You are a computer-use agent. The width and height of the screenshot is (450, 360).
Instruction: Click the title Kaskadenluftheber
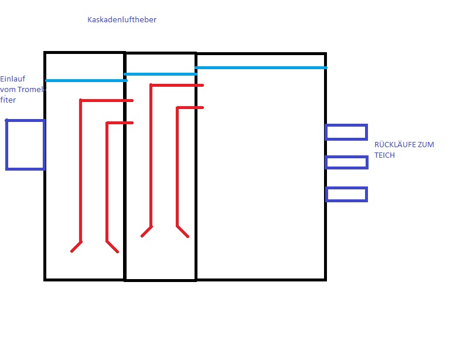[x=121, y=20]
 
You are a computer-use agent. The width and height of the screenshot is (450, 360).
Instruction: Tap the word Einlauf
[x=12, y=79]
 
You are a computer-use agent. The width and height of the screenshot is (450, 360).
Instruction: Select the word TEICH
[x=385, y=155]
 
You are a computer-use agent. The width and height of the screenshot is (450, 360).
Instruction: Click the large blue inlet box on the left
[x=25, y=145]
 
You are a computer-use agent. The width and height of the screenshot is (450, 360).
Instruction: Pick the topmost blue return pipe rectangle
[x=346, y=132]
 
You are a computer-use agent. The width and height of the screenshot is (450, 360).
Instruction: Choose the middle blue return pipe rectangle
[x=346, y=162]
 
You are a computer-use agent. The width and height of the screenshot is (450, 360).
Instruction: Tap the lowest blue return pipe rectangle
[x=346, y=194]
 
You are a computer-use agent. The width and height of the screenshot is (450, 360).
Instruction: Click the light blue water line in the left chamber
[x=85, y=80]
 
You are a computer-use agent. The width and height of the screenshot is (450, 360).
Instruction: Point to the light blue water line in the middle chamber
[x=161, y=74]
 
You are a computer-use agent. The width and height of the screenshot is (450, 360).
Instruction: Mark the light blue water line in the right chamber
[x=261, y=68]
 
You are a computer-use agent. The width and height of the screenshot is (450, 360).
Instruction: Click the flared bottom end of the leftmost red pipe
[x=76, y=246]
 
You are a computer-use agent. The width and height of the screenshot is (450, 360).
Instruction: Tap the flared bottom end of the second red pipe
[x=112, y=246]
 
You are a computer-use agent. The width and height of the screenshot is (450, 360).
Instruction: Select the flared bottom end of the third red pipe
[x=146, y=231]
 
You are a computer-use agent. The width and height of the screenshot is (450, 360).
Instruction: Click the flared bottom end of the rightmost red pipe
[x=183, y=231]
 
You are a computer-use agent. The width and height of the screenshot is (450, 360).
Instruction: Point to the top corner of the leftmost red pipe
[x=81, y=101]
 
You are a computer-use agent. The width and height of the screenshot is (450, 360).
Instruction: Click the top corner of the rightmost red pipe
[x=178, y=108]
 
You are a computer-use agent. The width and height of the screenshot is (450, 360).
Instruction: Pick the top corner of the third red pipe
[x=151, y=86]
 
